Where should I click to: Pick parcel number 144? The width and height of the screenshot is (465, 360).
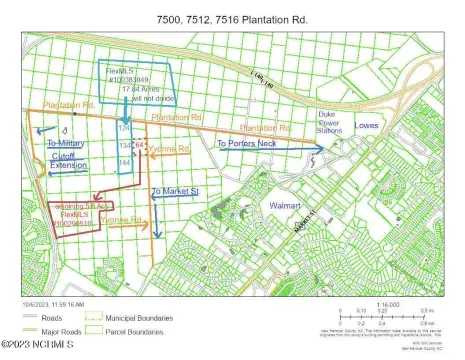[125, 162]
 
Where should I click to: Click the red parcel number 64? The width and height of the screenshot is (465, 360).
[139, 144]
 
